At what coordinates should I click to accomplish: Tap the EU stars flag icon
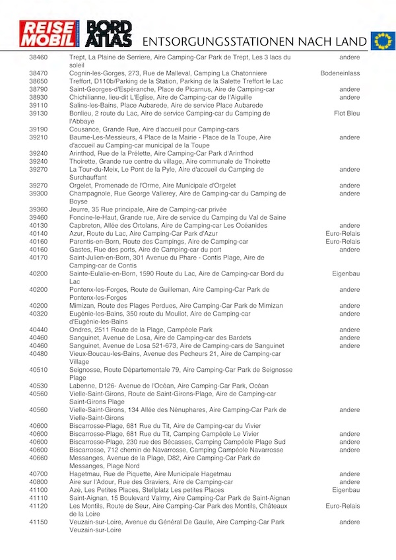pyautogui.click(x=382, y=41)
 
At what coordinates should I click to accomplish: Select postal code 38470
pyautogui.click(x=38, y=73)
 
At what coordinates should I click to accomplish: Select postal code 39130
pyautogui.click(x=38, y=113)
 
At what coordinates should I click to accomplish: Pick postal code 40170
pyautogui.click(x=38, y=257)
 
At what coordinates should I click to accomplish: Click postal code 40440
pyautogui.click(x=38, y=329)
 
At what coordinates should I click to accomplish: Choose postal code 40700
pyautogui.click(x=38, y=473)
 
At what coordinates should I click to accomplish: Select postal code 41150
pyautogui.click(x=38, y=522)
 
